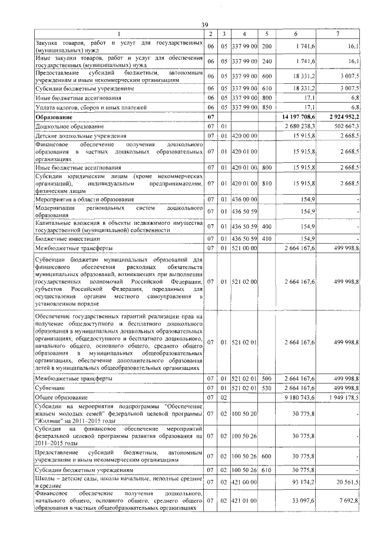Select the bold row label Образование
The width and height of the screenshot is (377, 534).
(x=54, y=118)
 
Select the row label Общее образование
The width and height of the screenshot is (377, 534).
(x=62, y=398)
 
